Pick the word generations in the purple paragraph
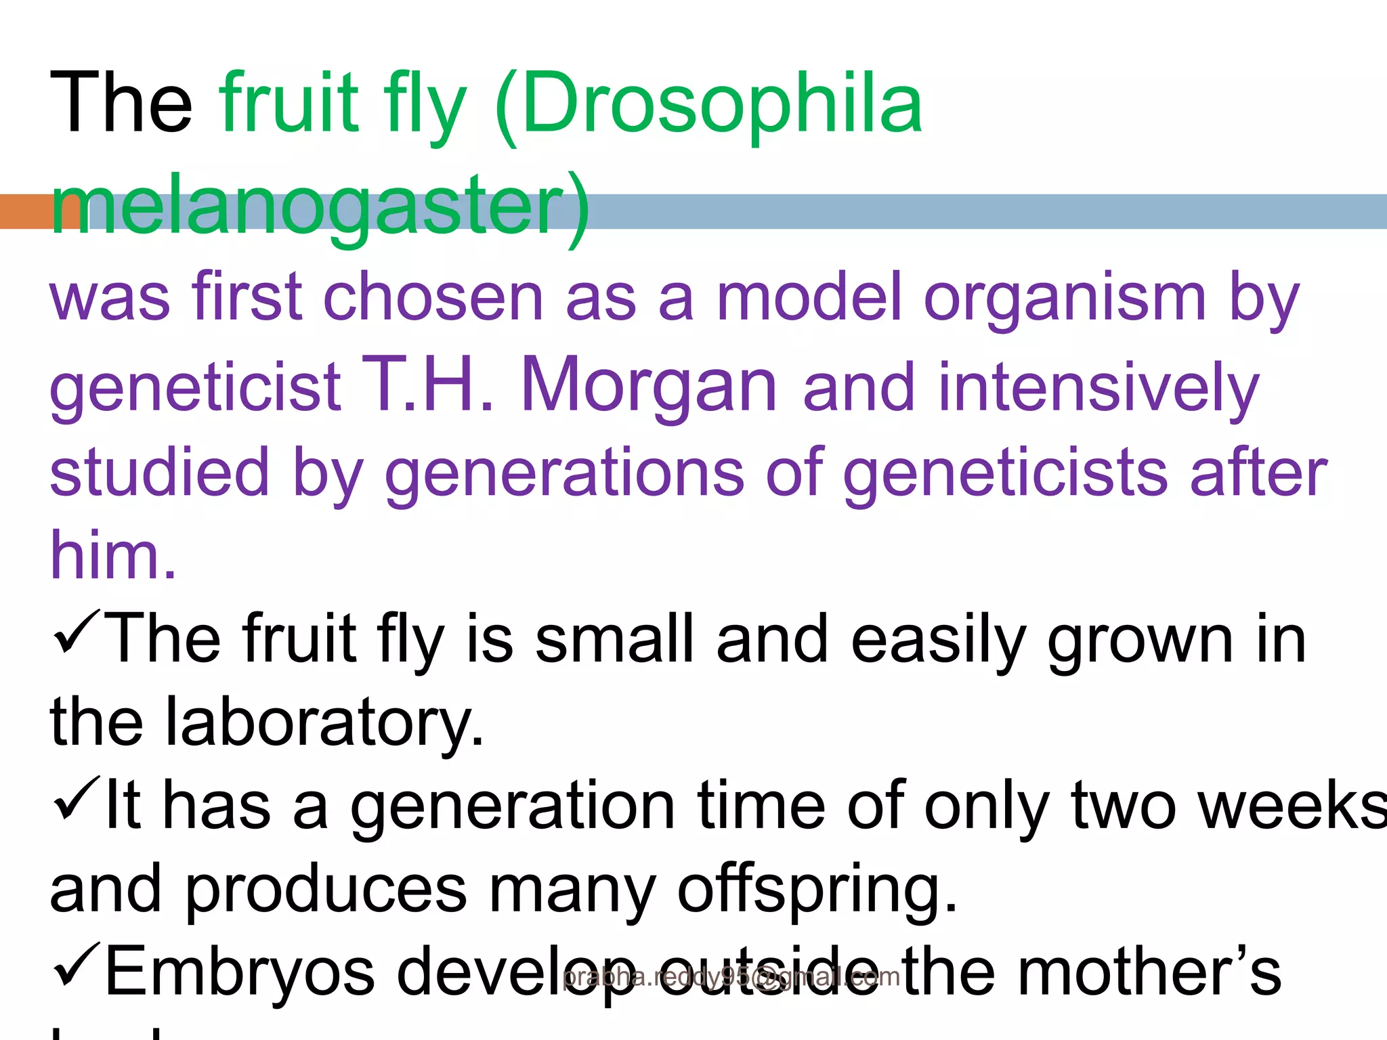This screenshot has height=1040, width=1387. click(565, 474)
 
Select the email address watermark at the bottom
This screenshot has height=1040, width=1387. click(731, 977)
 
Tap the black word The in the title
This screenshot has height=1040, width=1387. click(121, 104)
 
